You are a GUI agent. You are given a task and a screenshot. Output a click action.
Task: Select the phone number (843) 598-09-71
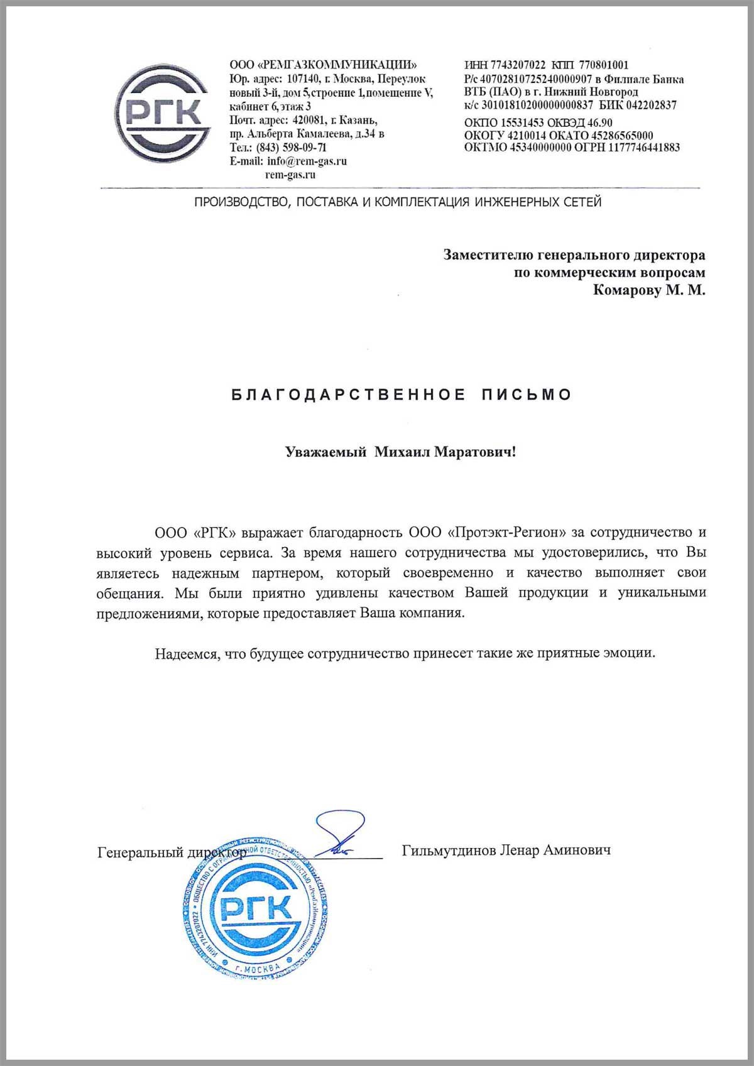[292, 148]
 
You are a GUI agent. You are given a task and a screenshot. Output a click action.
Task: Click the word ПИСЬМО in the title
[527, 394]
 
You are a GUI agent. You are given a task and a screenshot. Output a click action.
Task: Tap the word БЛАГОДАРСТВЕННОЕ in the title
[349, 394]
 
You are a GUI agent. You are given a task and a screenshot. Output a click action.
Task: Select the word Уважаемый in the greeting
[325, 452]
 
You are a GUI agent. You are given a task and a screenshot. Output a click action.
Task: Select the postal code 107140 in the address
[303, 79]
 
